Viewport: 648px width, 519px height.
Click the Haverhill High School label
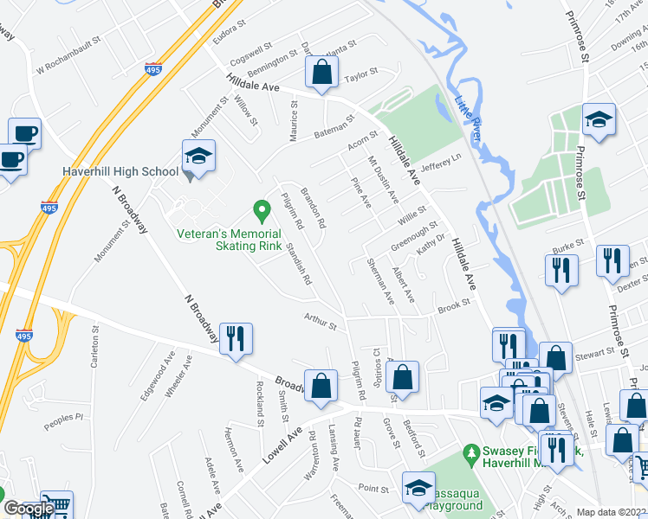coord(120,171)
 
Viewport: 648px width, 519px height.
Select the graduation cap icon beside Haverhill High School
coord(198,157)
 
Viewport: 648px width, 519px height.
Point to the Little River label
coord(469,119)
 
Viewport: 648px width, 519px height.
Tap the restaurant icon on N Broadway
coord(235,339)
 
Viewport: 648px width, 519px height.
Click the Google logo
coord(29,509)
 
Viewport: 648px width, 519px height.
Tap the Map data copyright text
coord(612,512)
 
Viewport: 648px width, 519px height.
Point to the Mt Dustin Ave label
coord(382,179)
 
